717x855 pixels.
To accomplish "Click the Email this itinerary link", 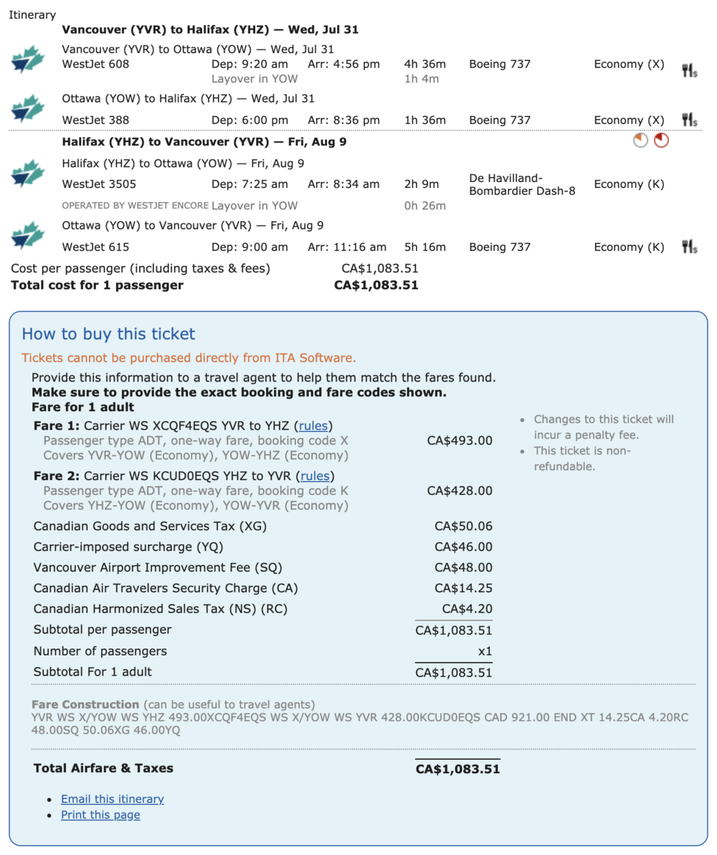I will pos(112,798).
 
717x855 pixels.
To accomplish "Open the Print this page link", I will pos(100,815).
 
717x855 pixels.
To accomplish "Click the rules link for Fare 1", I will pos(315,425).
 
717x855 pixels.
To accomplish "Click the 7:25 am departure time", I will pos(250,184).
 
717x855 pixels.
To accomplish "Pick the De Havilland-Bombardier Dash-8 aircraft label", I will pos(522,184).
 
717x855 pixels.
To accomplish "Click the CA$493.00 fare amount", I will pos(460,440).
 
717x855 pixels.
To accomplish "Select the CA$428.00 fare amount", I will pos(460,491).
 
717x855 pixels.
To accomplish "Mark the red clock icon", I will pos(661,141).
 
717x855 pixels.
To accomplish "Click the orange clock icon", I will pos(640,141).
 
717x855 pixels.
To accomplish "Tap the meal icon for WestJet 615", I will pos(689,247).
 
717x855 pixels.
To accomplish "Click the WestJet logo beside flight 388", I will pos(27,111).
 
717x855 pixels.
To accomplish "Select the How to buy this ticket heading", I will pos(108,334).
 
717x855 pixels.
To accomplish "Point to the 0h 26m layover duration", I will pos(425,206).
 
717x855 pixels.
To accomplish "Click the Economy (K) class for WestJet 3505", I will pos(629,184).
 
